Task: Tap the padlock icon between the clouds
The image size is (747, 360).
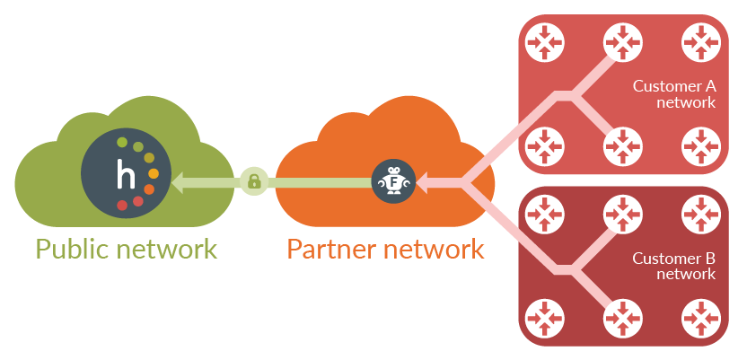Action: (x=254, y=182)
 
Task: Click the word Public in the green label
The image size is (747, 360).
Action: (x=76, y=248)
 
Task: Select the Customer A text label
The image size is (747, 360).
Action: (x=674, y=94)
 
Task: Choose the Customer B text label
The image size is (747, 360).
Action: (x=674, y=266)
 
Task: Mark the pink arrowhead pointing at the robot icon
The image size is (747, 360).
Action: (x=422, y=182)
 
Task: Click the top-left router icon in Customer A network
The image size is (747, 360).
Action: (x=543, y=41)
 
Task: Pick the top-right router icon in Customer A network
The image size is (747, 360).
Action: (x=701, y=41)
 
